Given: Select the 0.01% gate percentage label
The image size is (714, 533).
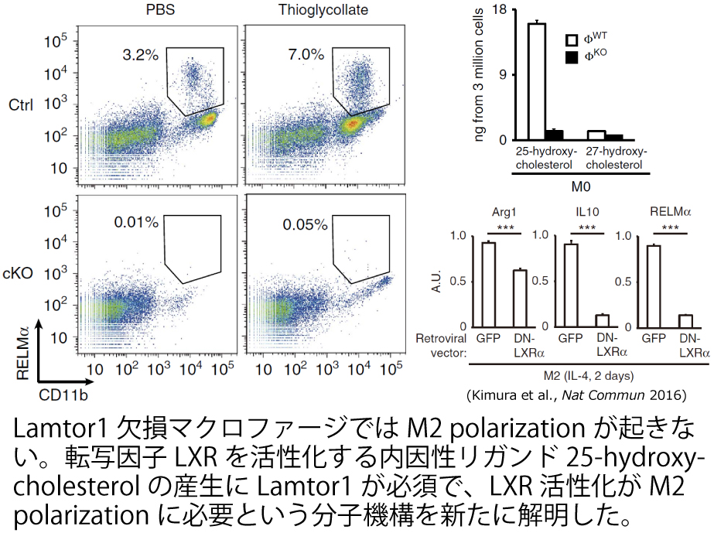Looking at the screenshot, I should point(135,223).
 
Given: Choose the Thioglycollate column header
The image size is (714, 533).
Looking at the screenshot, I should point(313,11).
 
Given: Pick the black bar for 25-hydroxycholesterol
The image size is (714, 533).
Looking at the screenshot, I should point(555,135).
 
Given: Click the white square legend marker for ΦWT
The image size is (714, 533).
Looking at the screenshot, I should point(572,40).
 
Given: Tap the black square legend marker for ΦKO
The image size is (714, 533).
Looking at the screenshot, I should point(572,58).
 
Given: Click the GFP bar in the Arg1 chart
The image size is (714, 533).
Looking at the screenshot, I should point(488,284).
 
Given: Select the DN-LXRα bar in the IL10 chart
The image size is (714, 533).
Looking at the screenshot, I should point(603,320).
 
